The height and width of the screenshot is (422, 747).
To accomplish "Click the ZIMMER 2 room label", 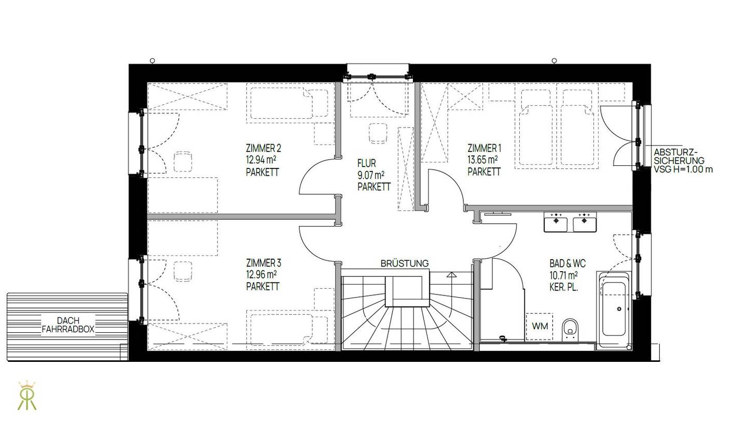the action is [264, 148].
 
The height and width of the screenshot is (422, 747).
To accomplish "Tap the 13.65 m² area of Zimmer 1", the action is [482, 160].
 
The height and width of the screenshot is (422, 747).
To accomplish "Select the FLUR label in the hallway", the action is [366, 163].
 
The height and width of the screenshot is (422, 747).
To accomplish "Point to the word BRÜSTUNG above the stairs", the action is [405, 263].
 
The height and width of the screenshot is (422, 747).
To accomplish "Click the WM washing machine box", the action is [539, 326].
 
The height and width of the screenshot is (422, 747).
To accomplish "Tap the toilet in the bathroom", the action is [570, 330].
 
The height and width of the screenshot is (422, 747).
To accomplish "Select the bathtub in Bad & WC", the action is [614, 311].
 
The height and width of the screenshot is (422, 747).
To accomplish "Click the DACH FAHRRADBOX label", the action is [68, 325].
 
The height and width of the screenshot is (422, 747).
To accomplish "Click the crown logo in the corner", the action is [27, 396].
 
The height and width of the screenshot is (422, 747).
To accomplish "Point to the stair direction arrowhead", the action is [451, 275].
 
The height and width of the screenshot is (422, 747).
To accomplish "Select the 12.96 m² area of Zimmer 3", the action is [261, 275].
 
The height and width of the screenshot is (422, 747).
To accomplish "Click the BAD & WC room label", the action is [568, 264].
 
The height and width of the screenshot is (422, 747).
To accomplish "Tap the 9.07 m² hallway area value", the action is [371, 175].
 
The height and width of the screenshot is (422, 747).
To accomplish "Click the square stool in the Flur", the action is [378, 133].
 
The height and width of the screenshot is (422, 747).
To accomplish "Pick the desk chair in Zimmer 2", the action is [183, 162].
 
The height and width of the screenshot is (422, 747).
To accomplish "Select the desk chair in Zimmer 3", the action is [183, 271].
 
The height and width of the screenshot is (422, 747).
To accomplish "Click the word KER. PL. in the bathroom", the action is [563, 287].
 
